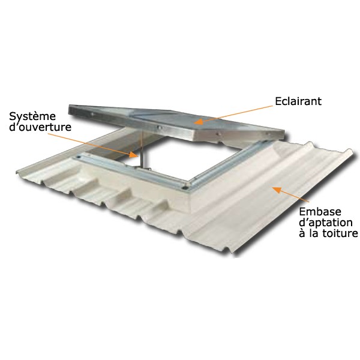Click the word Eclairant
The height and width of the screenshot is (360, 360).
click(298, 101)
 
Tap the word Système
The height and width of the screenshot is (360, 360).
click(32, 116)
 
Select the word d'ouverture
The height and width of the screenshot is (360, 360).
click(40, 127)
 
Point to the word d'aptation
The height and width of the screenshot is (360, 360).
click(326, 223)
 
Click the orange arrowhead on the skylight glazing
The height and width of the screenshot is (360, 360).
click(199, 121)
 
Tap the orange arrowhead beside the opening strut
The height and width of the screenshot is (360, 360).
click(134, 155)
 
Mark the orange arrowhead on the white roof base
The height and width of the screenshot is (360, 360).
click(277, 190)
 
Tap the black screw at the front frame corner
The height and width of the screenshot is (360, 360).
click(184, 188)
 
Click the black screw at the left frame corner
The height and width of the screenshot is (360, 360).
click(79, 157)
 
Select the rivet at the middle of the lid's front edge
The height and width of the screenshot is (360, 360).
click(160, 128)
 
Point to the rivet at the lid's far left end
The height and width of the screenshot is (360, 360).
click(92, 114)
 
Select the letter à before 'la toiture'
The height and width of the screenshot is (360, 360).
click(302, 233)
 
